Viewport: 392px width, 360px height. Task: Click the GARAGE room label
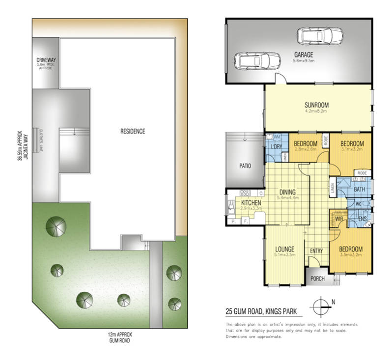(304, 55)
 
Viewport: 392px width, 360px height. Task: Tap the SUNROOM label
(316, 105)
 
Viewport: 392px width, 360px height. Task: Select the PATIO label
(245, 166)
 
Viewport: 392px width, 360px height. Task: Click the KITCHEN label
(251, 202)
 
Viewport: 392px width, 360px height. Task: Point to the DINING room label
(287, 192)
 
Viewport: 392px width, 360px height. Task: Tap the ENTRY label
(316, 251)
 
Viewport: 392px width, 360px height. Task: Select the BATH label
(359, 189)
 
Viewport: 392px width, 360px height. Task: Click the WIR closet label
(338, 219)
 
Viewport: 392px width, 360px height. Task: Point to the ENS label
(364, 219)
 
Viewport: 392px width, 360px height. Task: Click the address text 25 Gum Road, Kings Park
(264, 311)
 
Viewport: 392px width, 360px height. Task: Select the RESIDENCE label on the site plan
(133, 131)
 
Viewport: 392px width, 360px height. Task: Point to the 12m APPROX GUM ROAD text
(118, 337)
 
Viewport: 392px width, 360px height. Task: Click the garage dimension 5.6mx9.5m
(304, 61)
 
